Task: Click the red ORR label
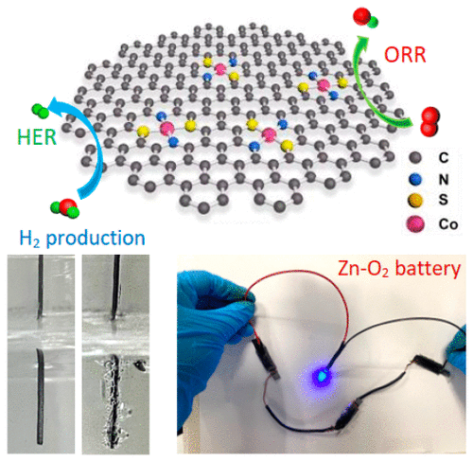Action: point(405,55)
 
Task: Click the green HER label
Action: point(37,137)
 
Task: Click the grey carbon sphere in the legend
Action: point(415,157)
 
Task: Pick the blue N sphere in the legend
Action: point(415,179)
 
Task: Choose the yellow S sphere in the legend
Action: point(415,201)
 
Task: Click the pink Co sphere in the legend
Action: point(415,224)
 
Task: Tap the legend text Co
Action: point(448,224)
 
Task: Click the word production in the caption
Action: point(96,239)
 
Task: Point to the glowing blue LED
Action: point(322,377)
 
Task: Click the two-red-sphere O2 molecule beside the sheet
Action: point(430,121)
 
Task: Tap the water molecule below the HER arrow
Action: point(65,208)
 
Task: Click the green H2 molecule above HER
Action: point(41,110)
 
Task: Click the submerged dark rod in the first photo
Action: point(40,396)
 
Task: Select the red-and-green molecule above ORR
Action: point(365,18)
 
